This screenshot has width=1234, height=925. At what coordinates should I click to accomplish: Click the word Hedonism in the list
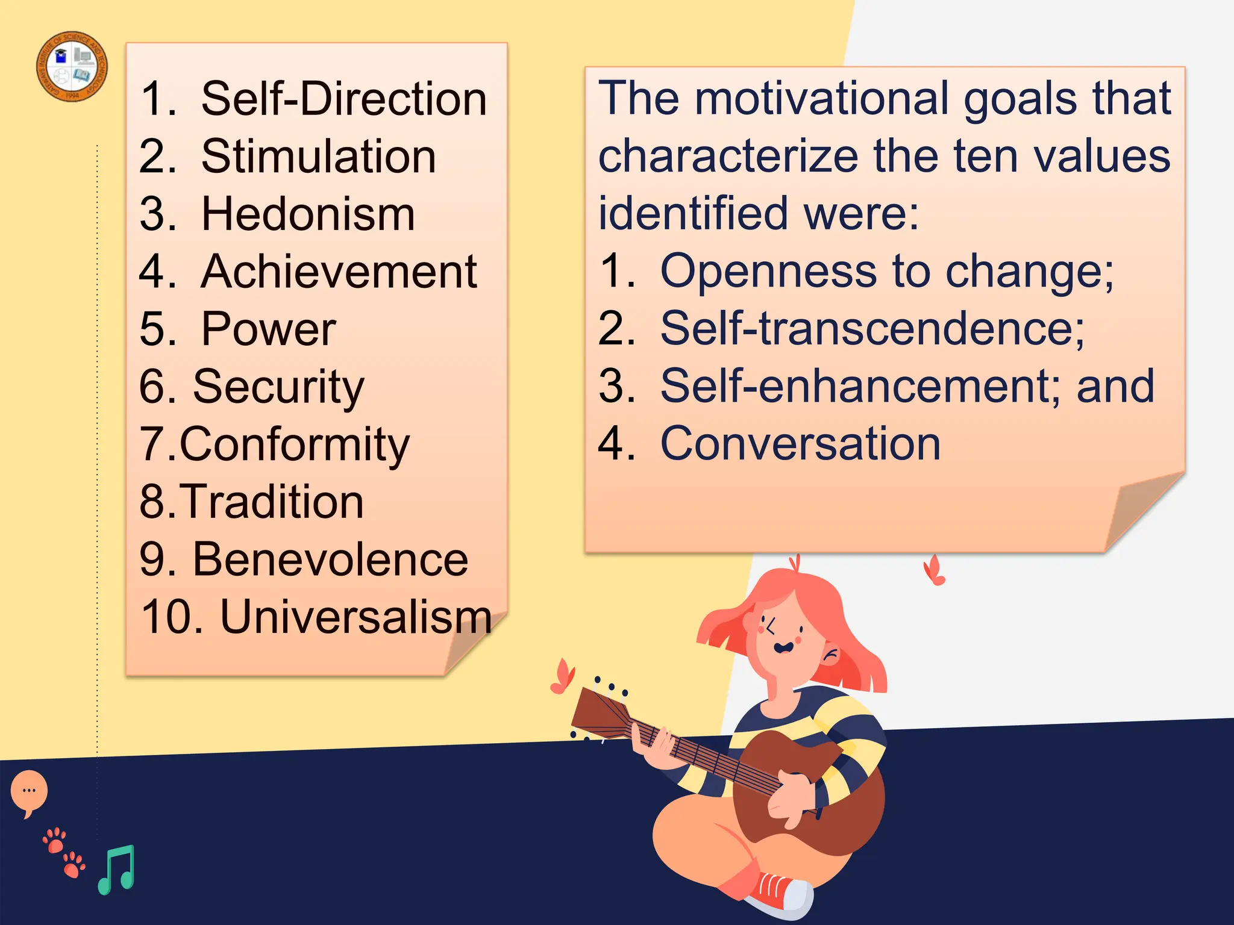click(308, 214)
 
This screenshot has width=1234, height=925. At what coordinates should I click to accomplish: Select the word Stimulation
click(318, 157)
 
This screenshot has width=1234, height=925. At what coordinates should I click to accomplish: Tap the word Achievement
click(339, 272)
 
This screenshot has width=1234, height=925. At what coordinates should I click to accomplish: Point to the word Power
click(268, 329)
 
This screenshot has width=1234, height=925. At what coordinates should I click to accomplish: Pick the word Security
click(278, 387)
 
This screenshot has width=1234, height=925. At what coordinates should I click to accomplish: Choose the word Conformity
click(294, 445)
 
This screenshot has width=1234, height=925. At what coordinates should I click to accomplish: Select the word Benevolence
click(330, 559)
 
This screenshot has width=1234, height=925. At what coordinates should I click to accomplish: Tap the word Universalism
click(356, 617)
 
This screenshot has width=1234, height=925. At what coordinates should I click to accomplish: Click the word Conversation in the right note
click(800, 444)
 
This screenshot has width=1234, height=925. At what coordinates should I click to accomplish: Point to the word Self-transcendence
click(872, 329)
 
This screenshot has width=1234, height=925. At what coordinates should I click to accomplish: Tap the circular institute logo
click(72, 66)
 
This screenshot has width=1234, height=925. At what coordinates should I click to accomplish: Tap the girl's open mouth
click(783, 648)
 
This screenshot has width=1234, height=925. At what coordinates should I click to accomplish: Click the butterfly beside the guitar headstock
click(563, 677)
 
